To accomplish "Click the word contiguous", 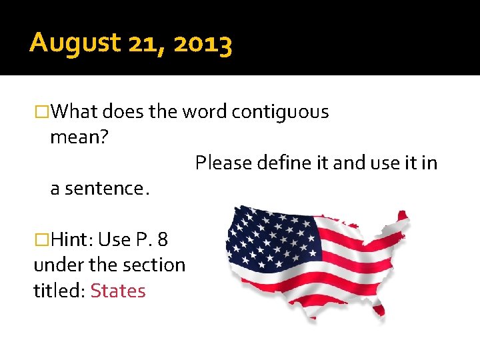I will click(x=280, y=112).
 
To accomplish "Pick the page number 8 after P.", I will click(x=162, y=239).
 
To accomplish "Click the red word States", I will click(x=118, y=291).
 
